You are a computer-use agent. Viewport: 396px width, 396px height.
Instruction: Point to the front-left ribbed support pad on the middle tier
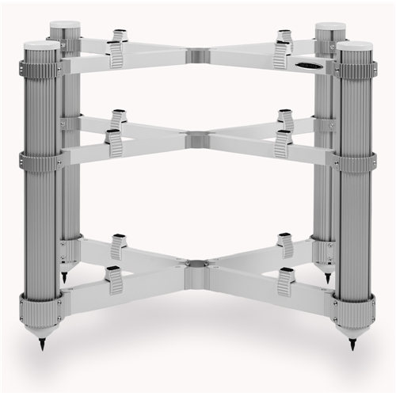(x=116, y=142)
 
